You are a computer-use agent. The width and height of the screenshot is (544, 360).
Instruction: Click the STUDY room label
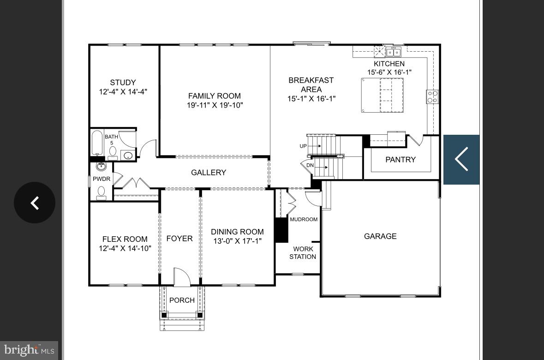(123, 83)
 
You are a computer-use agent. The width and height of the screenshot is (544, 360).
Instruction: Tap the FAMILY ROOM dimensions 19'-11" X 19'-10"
(215, 105)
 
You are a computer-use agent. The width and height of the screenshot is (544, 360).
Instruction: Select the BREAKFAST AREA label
(311, 85)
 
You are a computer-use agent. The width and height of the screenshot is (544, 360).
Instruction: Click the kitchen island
(382, 95)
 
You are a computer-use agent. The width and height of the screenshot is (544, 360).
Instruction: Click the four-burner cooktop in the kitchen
(432, 97)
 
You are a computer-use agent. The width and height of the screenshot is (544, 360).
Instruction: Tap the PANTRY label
(400, 160)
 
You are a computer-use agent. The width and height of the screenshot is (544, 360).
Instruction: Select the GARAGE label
(380, 236)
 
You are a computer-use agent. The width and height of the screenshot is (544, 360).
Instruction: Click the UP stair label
(303, 146)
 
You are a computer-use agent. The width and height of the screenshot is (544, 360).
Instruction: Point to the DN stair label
(310, 165)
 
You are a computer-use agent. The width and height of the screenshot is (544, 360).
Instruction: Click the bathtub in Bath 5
(97, 144)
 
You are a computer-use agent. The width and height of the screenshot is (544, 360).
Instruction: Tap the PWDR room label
(102, 179)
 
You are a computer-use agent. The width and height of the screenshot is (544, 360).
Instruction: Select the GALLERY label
(209, 173)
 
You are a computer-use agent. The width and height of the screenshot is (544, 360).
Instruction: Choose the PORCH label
(182, 300)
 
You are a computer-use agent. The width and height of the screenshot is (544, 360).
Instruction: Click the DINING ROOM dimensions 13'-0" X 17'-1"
(237, 241)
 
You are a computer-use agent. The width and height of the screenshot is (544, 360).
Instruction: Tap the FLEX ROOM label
(125, 239)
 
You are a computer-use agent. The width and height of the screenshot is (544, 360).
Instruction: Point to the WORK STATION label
(303, 253)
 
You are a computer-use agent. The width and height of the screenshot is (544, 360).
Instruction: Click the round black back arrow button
(35, 203)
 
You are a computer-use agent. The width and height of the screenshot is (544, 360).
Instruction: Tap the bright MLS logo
(29, 350)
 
